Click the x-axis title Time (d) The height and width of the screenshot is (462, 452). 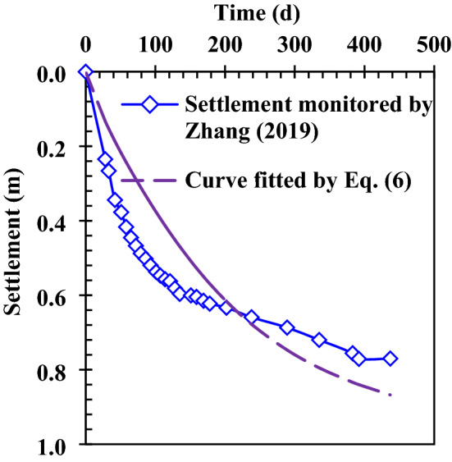click(x=258, y=12)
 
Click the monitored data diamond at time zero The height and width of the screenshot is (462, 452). click(x=85, y=73)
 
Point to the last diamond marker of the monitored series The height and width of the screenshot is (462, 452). click(x=390, y=359)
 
